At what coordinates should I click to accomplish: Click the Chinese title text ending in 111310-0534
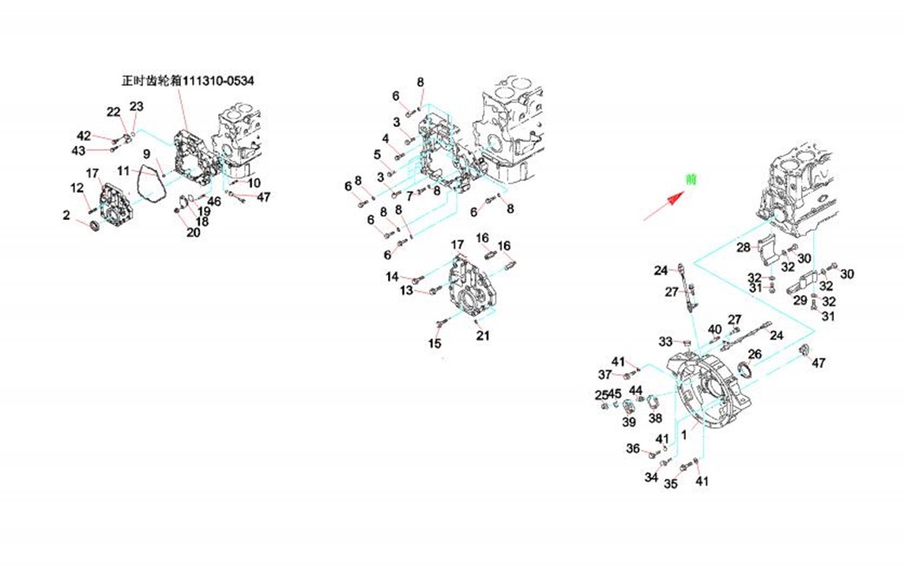(x=188, y=81)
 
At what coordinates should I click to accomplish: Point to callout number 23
(x=136, y=106)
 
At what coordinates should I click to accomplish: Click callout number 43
(x=79, y=151)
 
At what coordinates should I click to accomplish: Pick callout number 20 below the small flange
(x=193, y=232)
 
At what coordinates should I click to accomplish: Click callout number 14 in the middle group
(x=392, y=277)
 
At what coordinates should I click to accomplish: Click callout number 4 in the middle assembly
(x=385, y=138)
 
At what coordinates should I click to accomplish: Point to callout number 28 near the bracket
(x=743, y=248)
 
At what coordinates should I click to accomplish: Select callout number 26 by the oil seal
(x=754, y=353)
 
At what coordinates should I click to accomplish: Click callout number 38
(x=655, y=418)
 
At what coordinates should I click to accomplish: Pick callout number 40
(x=714, y=329)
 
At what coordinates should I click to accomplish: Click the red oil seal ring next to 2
(x=94, y=227)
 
